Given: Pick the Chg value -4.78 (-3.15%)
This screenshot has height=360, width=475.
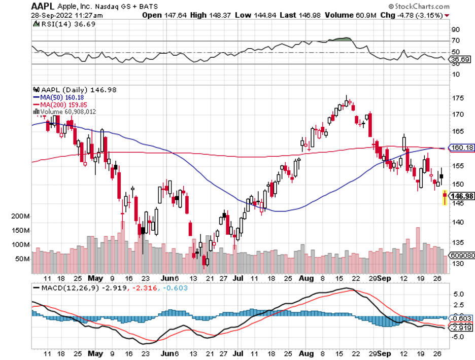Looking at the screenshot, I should coord(420,15).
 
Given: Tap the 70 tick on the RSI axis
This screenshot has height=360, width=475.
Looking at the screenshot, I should coord(455,41).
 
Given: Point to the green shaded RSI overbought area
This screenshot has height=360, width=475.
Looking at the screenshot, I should coord(341,39).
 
